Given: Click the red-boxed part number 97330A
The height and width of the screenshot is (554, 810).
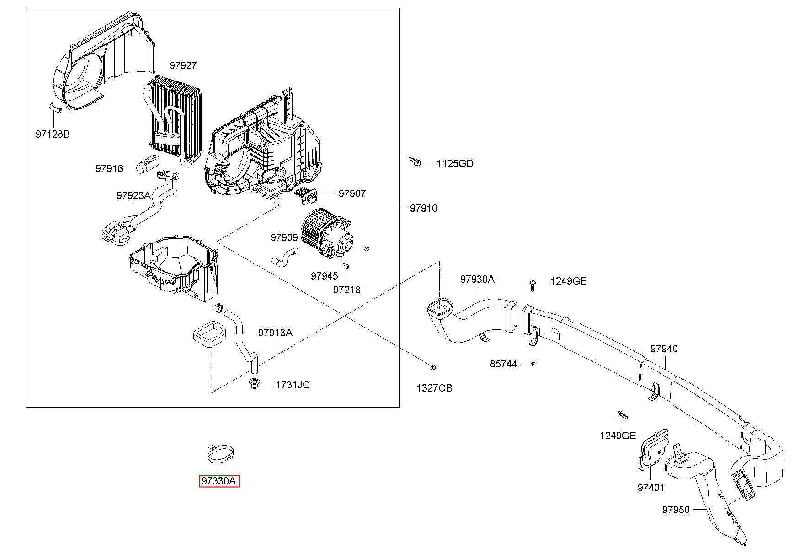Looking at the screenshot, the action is coord(219,481).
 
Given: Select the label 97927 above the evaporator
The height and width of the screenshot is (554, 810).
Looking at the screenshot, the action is coord(183,65).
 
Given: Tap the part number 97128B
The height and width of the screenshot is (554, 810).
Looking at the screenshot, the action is coord(53,134).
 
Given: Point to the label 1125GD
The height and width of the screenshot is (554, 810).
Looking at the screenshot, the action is coord(455,163).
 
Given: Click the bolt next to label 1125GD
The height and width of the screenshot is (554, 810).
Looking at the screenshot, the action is coord(415,161).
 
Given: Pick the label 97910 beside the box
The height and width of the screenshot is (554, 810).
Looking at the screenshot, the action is coord(423,208).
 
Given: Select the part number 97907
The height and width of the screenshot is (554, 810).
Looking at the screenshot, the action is coord(352,194).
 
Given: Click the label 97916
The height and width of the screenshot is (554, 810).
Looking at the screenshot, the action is coord(109,168).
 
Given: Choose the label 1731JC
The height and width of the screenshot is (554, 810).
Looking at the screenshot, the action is coord(293,385).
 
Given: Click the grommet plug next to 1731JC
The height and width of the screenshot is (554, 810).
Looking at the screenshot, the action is coord(254,384).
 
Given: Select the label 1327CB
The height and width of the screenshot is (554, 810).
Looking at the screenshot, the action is coord(434,388).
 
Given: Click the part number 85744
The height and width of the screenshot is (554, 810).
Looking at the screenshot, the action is coord(504,364).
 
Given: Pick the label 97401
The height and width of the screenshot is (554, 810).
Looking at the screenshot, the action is coord(651,488).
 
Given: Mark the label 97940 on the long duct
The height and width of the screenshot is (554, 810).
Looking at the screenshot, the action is coord(664,349).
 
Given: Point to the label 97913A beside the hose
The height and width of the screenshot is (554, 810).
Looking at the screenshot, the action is coord(275,333).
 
